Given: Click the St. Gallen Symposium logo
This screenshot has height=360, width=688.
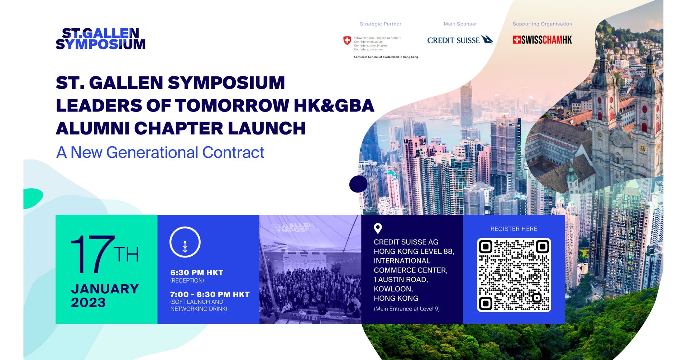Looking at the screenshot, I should pyautogui.click(x=101, y=39).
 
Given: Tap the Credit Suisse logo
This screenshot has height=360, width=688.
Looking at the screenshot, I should pyautogui.click(x=460, y=40).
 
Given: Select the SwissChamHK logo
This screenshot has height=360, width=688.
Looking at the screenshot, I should pyautogui.click(x=542, y=40).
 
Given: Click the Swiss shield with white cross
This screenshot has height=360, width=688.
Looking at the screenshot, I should pyautogui.click(x=347, y=41).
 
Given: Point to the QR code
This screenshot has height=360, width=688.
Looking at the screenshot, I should pyautogui.click(x=514, y=275).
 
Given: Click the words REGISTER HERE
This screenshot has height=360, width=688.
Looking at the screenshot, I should pyautogui.click(x=514, y=229).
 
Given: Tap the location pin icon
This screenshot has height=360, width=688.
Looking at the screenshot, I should pyautogui.click(x=378, y=228).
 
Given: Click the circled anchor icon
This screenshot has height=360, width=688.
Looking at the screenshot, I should pyautogui.click(x=185, y=242).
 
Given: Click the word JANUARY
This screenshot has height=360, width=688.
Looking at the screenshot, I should pyautogui.click(x=105, y=289).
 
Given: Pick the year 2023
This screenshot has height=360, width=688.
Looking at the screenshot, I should pyautogui.click(x=88, y=303).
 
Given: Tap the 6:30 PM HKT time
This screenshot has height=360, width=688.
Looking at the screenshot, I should pyautogui.click(x=197, y=273).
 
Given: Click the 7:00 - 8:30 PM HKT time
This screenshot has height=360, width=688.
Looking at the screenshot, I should pyautogui.click(x=210, y=295).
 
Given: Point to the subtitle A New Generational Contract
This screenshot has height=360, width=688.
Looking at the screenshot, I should pyautogui.click(x=160, y=152).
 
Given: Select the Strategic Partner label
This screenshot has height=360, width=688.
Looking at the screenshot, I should pyautogui.click(x=381, y=24).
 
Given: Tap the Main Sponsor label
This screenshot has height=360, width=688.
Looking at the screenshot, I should pyautogui.click(x=460, y=24).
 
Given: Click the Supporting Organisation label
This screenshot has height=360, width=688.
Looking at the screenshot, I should pyautogui.click(x=542, y=24).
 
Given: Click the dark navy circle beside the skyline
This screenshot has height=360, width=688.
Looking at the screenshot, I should pyautogui.click(x=358, y=184).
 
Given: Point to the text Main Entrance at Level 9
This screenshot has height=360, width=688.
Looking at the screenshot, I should pyautogui.click(x=407, y=309).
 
